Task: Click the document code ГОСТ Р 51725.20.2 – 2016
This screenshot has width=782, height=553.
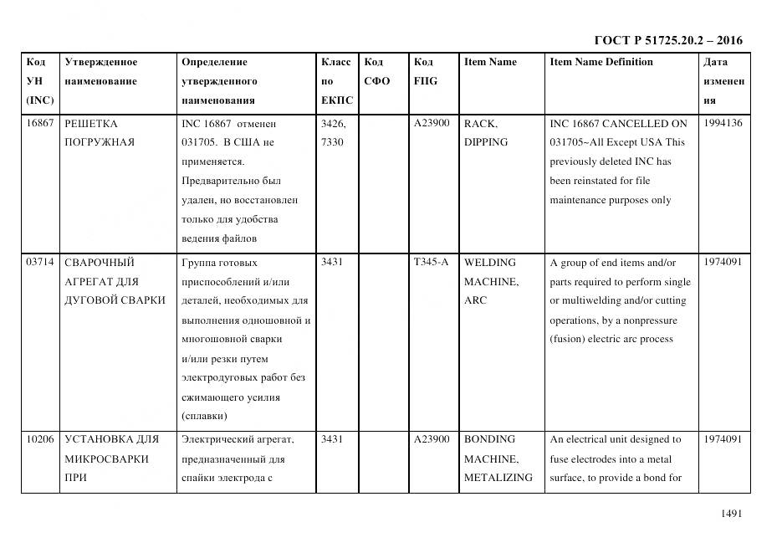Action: point(667,40)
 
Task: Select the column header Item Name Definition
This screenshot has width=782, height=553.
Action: point(601,62)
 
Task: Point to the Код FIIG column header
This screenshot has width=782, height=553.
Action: point(425,72)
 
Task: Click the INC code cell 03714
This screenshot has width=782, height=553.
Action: point(40,262)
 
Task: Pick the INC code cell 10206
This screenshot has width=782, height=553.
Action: point(40,439)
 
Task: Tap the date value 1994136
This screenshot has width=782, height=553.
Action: point(723,123)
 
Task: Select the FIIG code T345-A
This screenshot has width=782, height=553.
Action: point(431,262)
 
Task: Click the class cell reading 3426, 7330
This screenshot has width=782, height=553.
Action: point(334,132)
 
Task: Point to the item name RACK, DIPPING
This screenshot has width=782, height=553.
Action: point(486,132)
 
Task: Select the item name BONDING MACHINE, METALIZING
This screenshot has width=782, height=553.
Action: point(498,458)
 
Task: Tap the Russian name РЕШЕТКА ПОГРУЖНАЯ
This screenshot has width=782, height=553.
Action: point(100,132)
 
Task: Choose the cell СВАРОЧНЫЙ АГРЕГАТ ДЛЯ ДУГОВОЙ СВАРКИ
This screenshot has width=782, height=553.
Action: point(115,281)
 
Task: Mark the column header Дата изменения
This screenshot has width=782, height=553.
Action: point(723,81)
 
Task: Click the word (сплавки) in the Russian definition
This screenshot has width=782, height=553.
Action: point(205,417)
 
